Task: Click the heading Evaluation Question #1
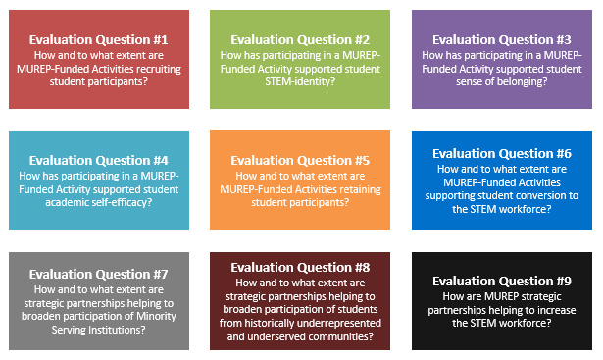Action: coord(99,39)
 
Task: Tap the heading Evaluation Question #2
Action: coord(300,39)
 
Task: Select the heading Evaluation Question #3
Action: coord(502,39)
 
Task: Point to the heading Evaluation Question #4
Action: coord(99,161)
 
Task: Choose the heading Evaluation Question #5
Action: coord(300,161)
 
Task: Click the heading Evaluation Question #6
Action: coord(502,153)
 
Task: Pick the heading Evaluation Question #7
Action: coord(99,275)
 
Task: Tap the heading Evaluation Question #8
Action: coord(300,268)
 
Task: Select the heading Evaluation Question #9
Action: coord(502,282)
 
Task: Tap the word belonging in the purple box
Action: coord(524,82)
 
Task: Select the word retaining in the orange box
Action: coord(360,190)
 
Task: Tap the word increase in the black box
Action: coord(557,310)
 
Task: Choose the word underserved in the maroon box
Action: coord(333,336)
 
